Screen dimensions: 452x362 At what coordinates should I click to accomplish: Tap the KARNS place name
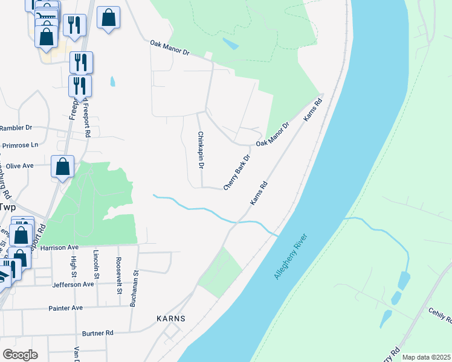(170, 318)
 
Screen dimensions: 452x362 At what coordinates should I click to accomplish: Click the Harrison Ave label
(61, 247)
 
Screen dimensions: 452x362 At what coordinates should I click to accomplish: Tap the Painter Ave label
(65, 308)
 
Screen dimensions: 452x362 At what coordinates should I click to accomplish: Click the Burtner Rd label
(97, 332)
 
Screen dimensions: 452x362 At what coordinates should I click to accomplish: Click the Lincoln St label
(95, 265)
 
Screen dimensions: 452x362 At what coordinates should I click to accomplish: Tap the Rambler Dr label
(16, 128)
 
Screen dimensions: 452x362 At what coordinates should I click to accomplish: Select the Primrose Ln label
(19, 145)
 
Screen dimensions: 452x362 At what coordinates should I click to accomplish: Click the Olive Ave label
(19, 165)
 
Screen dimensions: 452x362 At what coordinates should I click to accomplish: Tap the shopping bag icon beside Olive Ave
(63, 167)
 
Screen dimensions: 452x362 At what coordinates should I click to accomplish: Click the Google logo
(20, 355)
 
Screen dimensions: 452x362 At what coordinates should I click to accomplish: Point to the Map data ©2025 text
(426, 357)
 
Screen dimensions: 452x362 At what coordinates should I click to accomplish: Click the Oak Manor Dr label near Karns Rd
(273, 134)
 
